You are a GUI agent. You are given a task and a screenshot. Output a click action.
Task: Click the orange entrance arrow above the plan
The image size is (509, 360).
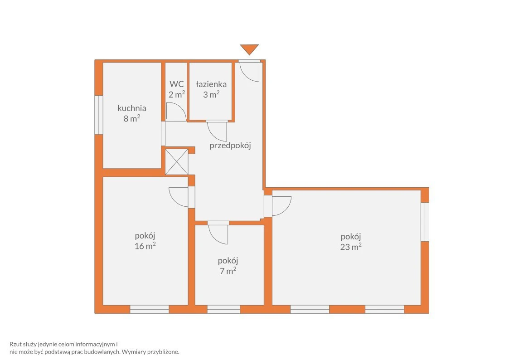249,49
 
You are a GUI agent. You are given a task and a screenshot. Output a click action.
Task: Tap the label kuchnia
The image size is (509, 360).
132,108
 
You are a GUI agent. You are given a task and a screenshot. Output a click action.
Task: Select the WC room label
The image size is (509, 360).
177,84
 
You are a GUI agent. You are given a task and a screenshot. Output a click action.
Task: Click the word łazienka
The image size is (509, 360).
211,84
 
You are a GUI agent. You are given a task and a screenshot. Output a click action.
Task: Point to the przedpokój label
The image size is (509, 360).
230,146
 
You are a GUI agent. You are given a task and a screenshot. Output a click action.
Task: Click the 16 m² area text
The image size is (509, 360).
145,246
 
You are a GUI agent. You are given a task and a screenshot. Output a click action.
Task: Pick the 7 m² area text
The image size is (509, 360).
228,271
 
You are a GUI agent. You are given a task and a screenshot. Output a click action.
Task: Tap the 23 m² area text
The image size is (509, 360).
351,247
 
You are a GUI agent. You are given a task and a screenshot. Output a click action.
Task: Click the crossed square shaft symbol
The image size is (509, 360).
177,162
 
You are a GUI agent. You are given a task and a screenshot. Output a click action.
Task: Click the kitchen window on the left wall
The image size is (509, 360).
99,115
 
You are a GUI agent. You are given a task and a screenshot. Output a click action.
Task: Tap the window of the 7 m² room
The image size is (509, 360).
223,309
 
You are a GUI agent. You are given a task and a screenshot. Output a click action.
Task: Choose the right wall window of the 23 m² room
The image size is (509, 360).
425,222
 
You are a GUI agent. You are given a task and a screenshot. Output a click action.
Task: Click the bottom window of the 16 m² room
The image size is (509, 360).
149,309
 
